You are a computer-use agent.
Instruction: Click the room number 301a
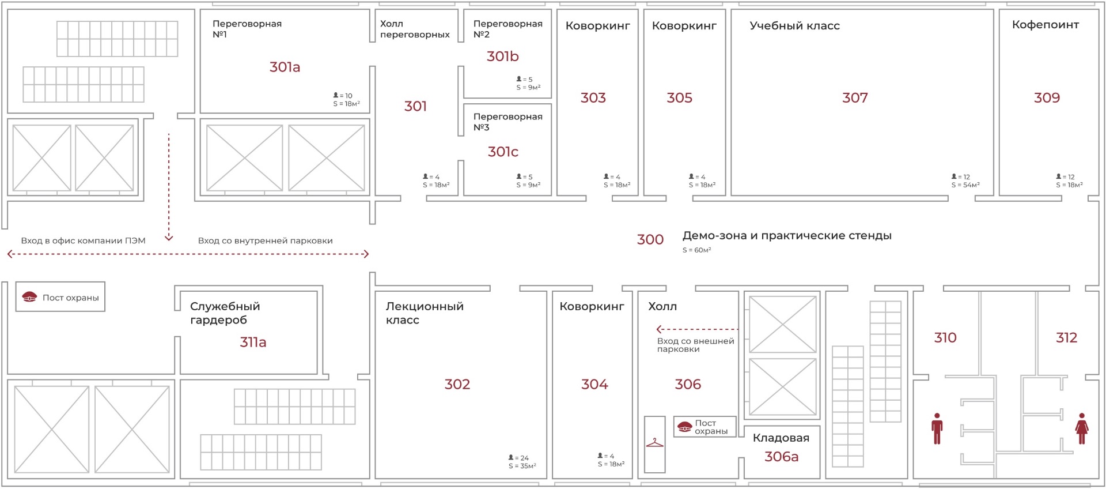(285, 67)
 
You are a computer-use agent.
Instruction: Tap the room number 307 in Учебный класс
(855, 98)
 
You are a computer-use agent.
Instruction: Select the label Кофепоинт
(1046, 25)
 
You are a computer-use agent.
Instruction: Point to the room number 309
(1047, 98)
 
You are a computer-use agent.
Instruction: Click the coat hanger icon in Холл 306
(654, 443)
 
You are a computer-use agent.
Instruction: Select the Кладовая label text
(781, 438)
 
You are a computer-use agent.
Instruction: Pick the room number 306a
(781, 457)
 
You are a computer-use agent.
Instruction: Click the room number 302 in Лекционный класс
(457, 385)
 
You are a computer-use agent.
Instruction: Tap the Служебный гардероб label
(225, 313)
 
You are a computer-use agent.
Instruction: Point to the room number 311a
(253, 343)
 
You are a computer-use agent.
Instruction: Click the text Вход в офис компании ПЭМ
(83, 241)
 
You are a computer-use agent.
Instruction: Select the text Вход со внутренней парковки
(265, 241)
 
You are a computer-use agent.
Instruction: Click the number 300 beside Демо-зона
(650, 240)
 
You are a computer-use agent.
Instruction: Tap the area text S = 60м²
(696, 250)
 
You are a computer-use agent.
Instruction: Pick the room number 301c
(503, 152)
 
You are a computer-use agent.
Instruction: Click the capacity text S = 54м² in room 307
(965, 185)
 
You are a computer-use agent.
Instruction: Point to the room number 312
(1066, 338)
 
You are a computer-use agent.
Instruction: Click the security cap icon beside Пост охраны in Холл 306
(684, 427)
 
